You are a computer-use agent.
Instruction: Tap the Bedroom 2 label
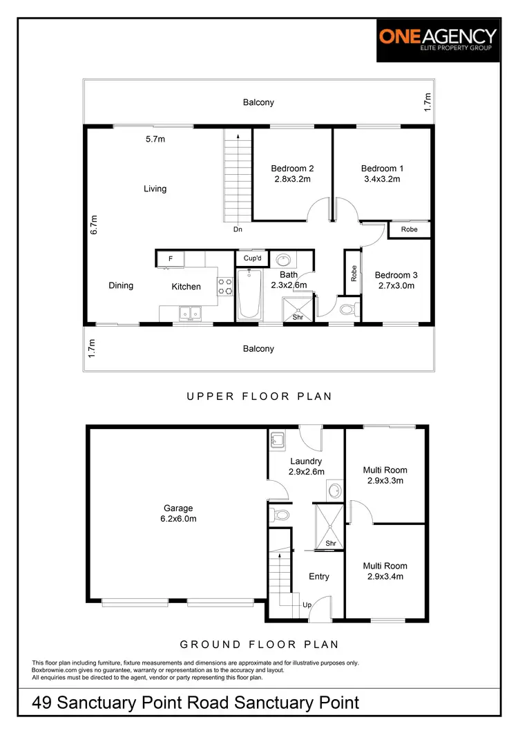pos(292,169)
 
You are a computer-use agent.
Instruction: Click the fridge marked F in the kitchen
pos(170,259)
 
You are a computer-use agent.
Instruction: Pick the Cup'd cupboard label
pos(253,258)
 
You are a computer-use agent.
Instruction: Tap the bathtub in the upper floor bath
pos(249,294)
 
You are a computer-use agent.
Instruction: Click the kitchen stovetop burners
pos(225,286)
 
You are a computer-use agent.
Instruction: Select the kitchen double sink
pos(189,314)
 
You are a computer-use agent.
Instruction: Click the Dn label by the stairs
pos(237,229)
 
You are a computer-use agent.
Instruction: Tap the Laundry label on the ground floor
pos(305,461)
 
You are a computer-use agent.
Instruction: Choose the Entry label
pos(319,576)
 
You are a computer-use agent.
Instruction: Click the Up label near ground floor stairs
pos(307,605)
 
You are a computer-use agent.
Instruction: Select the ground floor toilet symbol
pos(280,515)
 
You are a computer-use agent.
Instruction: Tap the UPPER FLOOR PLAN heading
pos(259,397)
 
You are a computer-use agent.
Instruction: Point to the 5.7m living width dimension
pos(155,139)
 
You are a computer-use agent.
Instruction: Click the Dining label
pos(121,286)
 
